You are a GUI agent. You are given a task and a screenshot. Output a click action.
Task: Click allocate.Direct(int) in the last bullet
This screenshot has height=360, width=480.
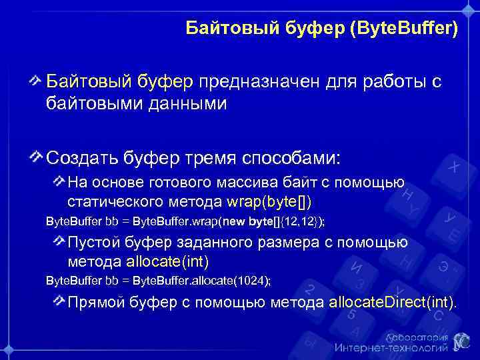point(392,303)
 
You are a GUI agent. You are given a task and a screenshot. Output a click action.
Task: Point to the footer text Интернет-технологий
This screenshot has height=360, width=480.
point(391,348)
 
